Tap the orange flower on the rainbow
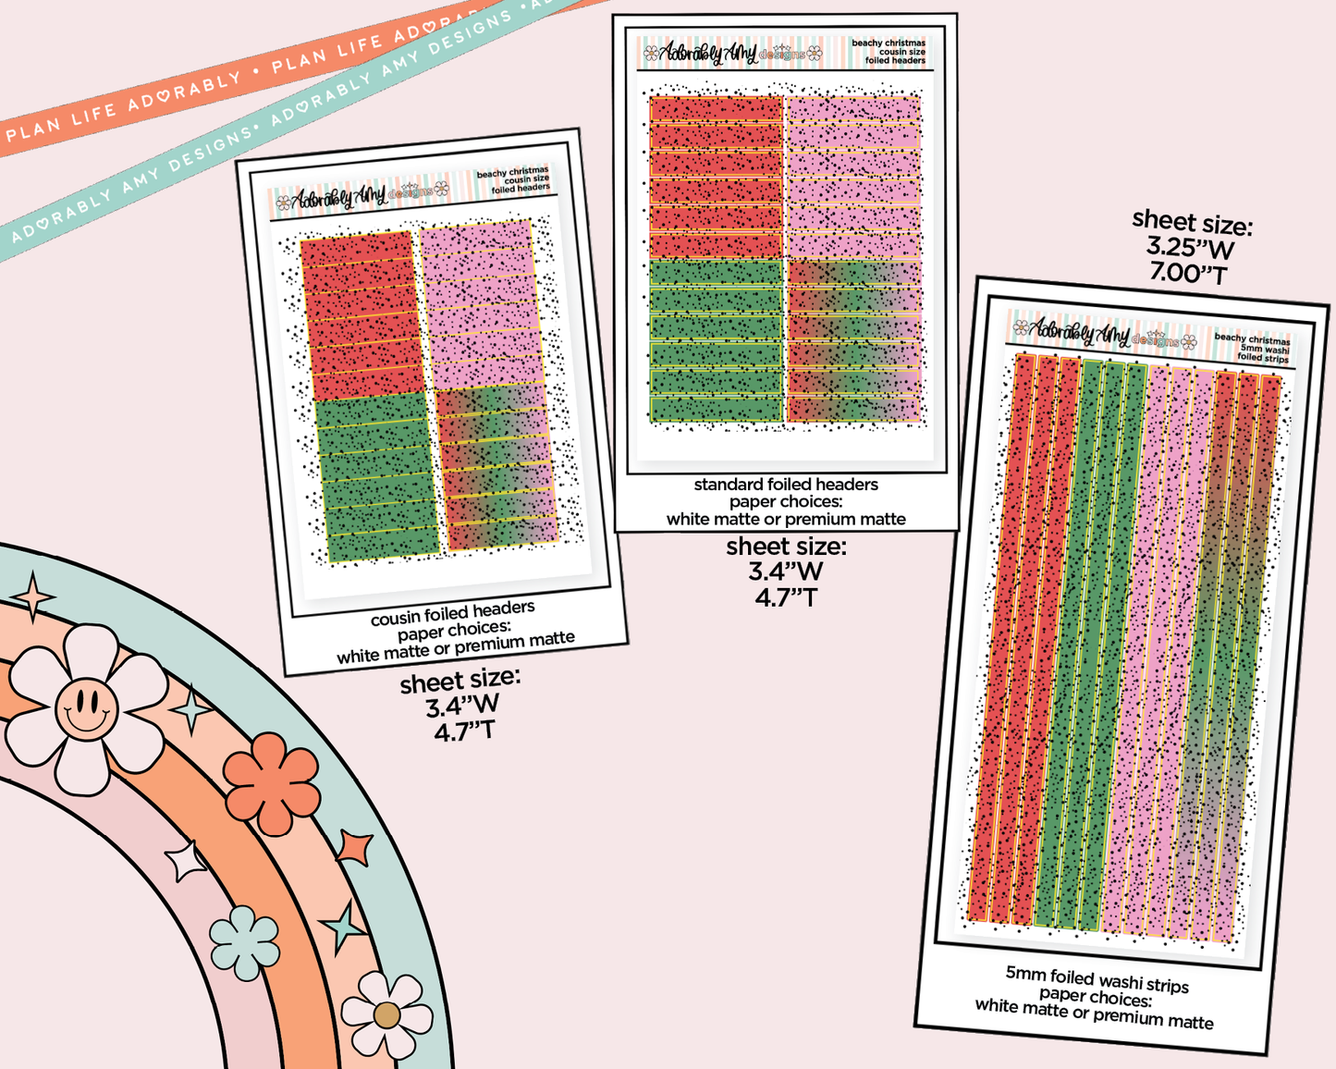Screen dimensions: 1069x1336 point(272,782)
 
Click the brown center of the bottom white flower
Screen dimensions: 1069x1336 point(386,1015)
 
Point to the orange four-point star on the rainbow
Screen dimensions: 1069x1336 point(355,846)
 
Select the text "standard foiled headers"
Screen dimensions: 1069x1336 point(786,485)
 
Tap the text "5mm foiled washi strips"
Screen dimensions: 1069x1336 point(1097,978)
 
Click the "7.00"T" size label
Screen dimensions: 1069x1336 point(1188,274)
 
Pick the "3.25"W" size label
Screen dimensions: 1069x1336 point(1190,248)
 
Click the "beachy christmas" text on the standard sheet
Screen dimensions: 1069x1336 point(888,43)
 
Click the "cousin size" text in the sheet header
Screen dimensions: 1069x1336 point(526,179)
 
